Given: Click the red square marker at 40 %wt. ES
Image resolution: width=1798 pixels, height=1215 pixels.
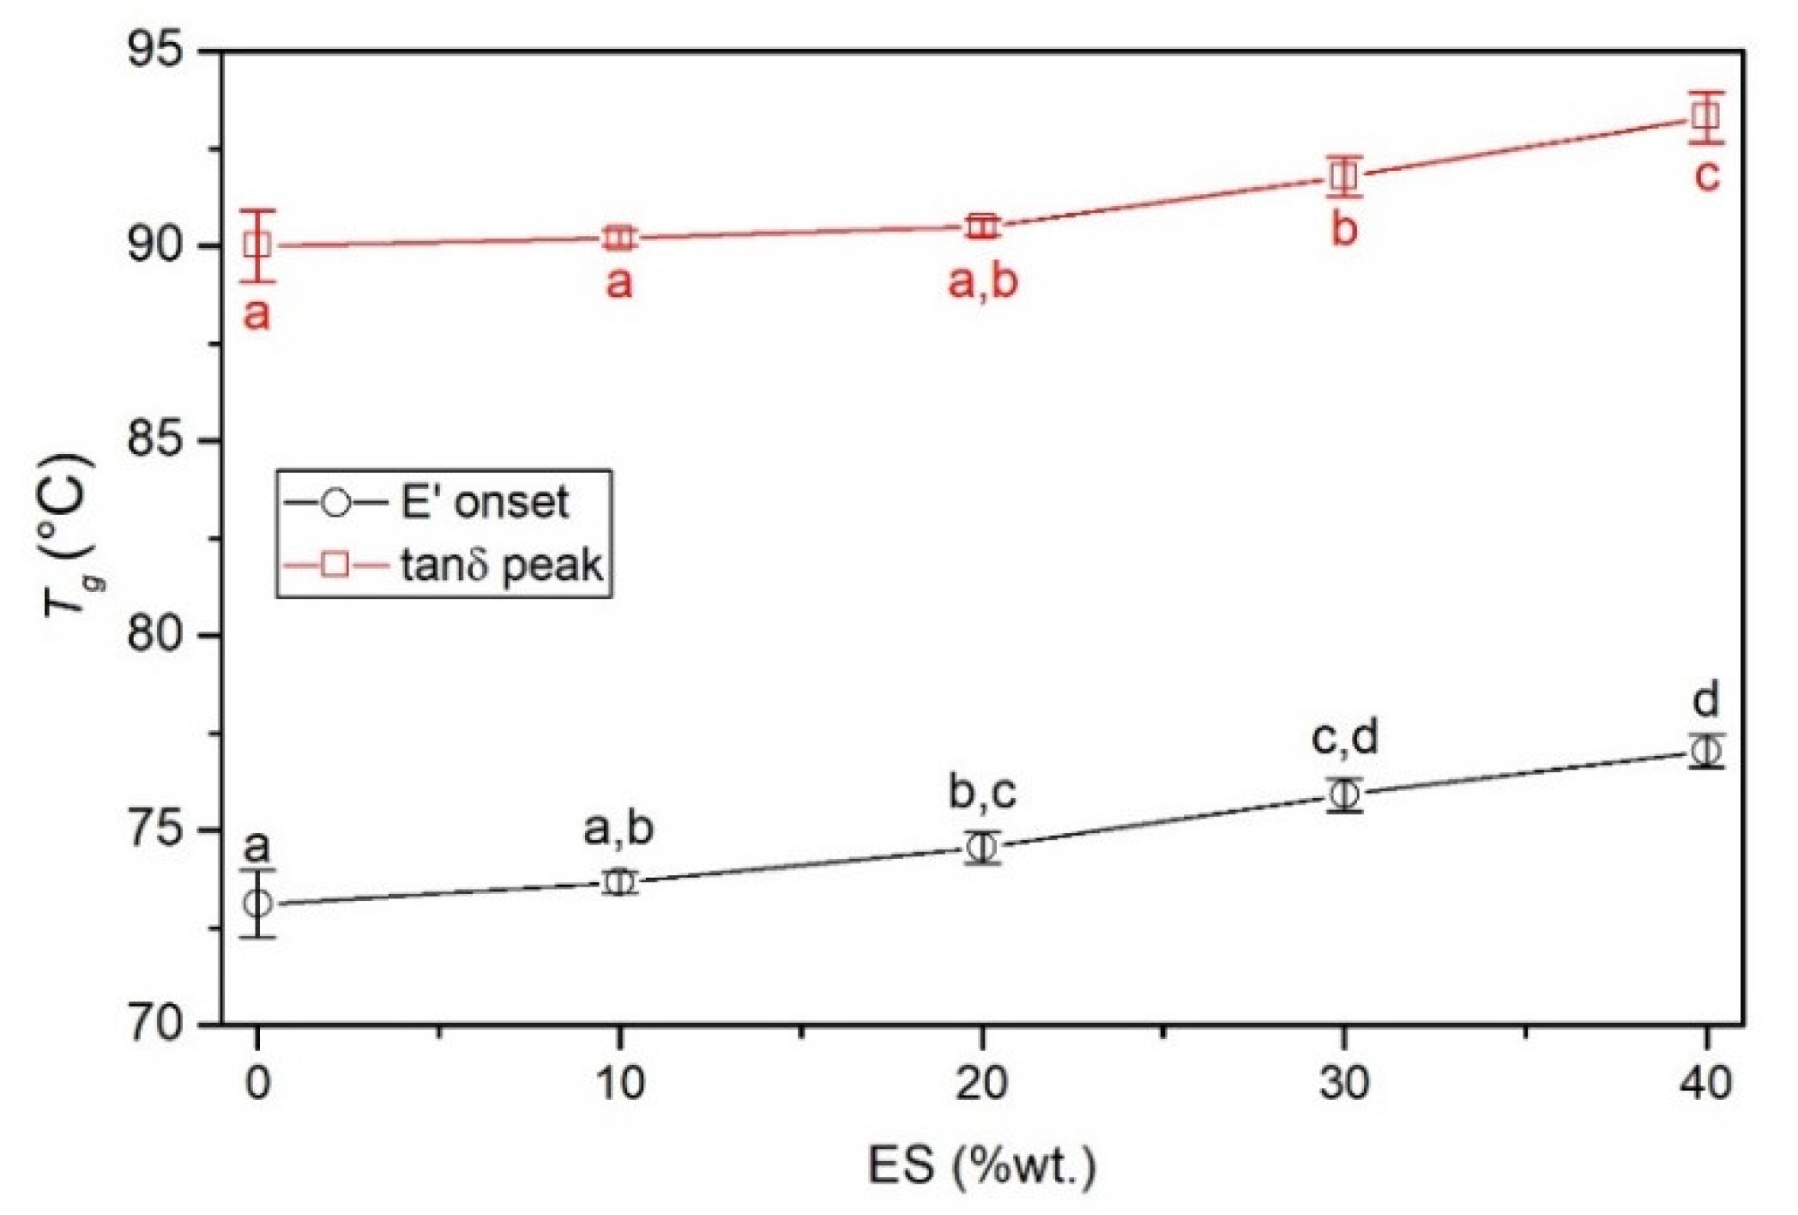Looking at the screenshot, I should point(1705,116).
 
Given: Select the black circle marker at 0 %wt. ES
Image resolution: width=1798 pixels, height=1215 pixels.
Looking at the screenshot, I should point(257,903).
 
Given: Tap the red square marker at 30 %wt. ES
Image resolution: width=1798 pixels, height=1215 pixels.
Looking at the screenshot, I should point(1343,177).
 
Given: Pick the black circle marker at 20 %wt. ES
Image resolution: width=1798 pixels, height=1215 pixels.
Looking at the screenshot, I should point(981,848).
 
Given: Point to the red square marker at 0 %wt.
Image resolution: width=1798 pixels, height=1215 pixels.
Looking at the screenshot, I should point(257,245).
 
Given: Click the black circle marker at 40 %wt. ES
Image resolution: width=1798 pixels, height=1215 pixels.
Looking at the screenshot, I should point(1705,751).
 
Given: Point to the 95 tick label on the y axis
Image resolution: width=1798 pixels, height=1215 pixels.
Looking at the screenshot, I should point(156,50).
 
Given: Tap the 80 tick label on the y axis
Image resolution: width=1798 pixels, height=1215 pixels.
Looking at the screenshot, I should point(156,635).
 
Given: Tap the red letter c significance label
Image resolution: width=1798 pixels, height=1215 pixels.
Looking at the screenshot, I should point(1706,175).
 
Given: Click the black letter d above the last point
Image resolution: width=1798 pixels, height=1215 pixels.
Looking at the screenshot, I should point(1706,699).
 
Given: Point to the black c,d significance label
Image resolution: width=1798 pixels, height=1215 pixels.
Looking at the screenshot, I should point(1344,737).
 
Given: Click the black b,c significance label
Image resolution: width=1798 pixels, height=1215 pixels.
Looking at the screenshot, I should point(982,791).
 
